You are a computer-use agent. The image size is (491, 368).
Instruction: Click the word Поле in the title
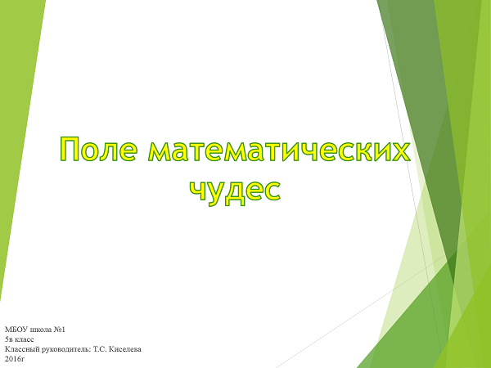[x=98, y=150]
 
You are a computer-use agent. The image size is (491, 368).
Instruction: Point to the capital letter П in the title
[x=70, y=150]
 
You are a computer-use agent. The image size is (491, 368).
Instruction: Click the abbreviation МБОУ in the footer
[x=16, y=330]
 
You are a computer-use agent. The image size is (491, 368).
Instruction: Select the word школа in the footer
[x=39, y=330]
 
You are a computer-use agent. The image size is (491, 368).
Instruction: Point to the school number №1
[x=58, y=330]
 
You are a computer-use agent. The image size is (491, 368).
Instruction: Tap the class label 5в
[x=8, y=339]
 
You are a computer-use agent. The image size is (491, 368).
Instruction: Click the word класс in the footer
[x=24, y=340]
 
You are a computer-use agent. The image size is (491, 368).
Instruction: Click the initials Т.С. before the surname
[x=100, y=349]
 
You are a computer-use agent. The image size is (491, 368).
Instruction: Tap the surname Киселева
[x=125, y=349]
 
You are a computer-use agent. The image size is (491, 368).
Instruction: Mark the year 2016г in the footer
[x=15, y=358]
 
